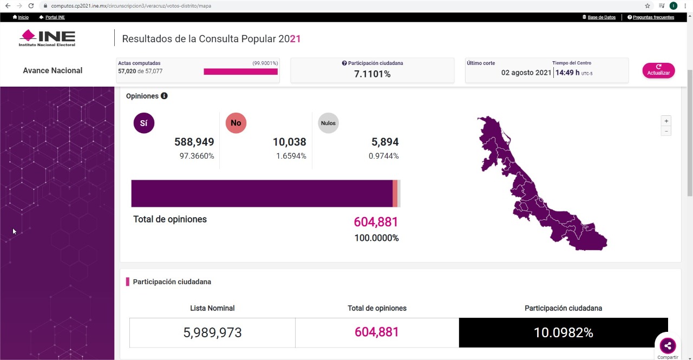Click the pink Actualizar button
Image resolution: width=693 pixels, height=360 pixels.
658,70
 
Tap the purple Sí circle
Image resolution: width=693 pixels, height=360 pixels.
143,123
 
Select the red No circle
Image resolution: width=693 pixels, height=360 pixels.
236,123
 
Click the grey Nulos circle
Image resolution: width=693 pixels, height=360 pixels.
328,123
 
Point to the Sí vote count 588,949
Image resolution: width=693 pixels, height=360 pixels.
194,142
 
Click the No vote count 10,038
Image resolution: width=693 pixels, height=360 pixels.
289,142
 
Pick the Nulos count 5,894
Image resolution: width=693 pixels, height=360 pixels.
385,142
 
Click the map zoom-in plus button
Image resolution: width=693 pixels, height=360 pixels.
666,121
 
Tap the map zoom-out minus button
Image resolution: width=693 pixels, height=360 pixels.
666,131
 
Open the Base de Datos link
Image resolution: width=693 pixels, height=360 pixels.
601,17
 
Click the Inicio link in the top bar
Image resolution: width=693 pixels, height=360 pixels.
23,17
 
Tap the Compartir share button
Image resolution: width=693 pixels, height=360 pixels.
668,345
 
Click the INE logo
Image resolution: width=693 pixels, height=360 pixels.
47,38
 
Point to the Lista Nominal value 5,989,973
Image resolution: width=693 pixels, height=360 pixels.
212,332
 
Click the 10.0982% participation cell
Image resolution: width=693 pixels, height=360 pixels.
563,332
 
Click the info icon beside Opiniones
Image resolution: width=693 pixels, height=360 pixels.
164,96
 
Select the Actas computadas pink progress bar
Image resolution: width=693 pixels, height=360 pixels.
240,71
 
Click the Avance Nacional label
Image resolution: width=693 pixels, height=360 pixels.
53,70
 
